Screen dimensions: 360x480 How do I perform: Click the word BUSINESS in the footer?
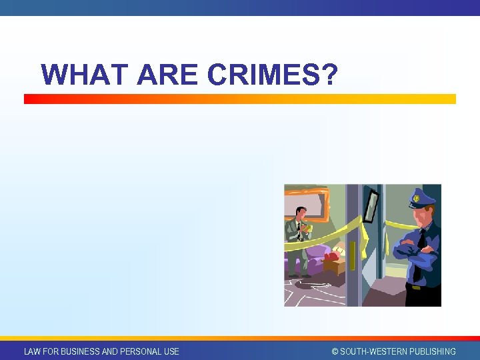pyautogui.click(x=81, y=351)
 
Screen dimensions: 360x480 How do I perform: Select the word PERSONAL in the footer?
pyautogui.click(x=139, y=351)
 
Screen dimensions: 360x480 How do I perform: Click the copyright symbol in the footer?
pyautogui.click(x=335, y=351)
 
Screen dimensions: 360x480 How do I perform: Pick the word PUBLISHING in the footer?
pyautogui.click(x=431, y=351)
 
